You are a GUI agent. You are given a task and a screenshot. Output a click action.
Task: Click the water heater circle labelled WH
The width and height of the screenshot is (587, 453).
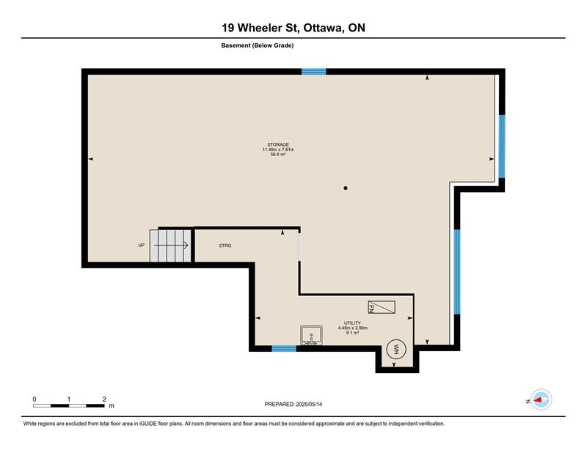[395, 350]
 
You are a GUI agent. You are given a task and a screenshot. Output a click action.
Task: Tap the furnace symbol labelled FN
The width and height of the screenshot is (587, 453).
[382, 307]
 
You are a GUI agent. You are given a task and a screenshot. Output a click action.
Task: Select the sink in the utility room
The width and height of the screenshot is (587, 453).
[311, 335]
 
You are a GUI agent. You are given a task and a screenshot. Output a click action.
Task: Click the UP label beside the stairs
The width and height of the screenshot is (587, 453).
[141, 246]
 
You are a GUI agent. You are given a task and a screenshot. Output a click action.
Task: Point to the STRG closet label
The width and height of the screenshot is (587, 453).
[225, 246]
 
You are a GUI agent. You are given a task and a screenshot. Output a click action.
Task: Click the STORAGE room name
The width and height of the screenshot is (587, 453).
[278, 144]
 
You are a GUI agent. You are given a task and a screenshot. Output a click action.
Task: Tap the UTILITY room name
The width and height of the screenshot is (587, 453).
[353, 323]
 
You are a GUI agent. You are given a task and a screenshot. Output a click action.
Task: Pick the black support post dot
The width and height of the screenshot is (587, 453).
[346, 188]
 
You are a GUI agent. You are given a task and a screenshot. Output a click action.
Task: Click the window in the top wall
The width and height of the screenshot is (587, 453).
[314, 72]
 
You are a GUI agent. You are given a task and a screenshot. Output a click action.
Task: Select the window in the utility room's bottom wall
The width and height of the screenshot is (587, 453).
[284, 349]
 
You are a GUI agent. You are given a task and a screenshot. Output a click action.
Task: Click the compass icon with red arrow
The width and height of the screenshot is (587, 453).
[542, 399]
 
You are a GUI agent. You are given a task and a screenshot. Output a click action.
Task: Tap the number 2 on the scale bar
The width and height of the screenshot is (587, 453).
[104, 399]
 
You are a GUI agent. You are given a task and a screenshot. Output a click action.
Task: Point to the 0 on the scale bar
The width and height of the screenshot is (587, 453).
[34, 399]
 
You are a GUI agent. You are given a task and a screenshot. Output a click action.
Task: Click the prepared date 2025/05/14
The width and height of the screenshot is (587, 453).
[309, 405]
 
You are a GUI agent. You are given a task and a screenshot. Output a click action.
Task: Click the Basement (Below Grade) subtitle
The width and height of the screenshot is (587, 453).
[258, 45]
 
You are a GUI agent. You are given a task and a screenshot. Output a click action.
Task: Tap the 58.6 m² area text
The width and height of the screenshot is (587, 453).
[278, 154]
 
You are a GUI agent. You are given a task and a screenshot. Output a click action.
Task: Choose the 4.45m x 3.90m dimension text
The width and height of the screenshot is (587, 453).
[353, 328]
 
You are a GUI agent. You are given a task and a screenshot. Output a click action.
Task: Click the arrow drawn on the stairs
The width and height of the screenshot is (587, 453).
[171, 246]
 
